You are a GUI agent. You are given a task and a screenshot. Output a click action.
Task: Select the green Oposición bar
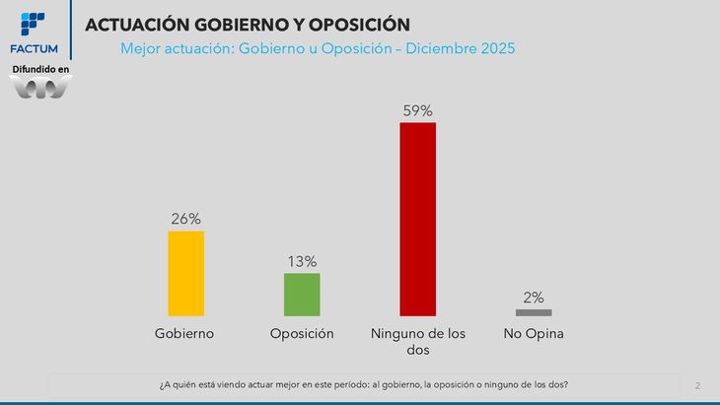(x=302, y=294)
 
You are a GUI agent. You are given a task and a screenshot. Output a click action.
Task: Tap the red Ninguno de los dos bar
(x=417, y=218)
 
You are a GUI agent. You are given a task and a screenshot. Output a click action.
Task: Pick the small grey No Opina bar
(x=534, y=312)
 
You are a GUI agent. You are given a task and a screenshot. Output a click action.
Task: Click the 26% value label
(x=185, y=219)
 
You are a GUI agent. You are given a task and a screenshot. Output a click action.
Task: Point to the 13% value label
(x=302, y=261)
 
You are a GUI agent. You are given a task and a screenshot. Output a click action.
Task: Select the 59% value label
(x=417, y=110)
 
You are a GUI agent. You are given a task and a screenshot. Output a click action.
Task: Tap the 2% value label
(x=534, y=298)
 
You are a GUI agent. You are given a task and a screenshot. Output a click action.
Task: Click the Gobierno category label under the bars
(x=184, y=334)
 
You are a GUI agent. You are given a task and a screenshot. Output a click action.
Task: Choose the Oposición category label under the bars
(x=302, y=334)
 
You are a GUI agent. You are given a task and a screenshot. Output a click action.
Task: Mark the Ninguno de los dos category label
(x=417, y=341)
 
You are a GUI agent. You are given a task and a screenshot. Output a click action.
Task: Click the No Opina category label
(x=533, y=334)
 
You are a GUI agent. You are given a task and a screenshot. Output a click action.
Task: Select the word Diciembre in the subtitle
(x=435, y=47)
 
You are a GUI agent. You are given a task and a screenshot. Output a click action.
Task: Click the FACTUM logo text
(x=34, y=48)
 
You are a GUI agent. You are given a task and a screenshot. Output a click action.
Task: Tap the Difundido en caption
(x=40, y=69)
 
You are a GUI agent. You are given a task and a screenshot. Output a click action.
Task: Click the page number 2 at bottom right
(x=697, y=384)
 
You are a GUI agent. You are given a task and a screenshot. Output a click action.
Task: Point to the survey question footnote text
(x=364, y=383)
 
